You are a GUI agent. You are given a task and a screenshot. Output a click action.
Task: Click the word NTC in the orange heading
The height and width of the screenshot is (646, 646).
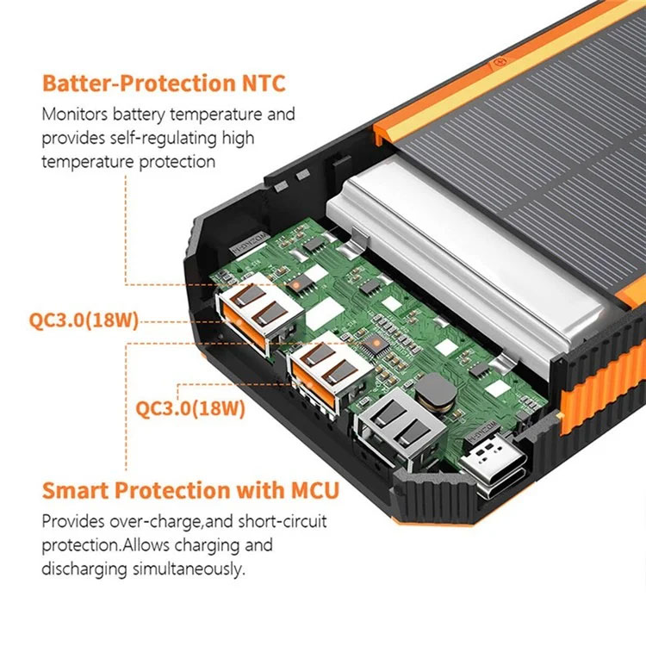click(264, 83)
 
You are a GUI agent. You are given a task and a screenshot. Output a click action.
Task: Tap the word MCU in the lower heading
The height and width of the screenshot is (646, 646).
click(315, 490)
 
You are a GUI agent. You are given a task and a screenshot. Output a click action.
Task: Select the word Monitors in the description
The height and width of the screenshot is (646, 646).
click(75, 114)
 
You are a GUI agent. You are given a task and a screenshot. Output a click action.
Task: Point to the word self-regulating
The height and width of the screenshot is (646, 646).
click(164, 139)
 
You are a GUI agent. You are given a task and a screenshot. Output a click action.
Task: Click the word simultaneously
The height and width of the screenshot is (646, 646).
click(189, 569)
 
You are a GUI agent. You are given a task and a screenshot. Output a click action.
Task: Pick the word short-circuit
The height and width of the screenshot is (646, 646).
click(283, 521)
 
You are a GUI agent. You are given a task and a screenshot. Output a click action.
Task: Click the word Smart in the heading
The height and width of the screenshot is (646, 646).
click(76, 490)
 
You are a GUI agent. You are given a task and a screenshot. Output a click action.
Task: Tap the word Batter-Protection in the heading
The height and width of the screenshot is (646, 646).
click(139, 83)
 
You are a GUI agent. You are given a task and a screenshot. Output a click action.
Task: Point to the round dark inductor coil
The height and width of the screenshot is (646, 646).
click(436, 392)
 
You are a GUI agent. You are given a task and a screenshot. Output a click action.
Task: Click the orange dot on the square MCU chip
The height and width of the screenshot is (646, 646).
click(376, 342)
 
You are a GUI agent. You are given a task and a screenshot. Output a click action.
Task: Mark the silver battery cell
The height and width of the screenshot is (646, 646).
click(462, 264)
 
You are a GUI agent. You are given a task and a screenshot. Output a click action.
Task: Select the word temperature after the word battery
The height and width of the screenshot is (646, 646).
click(217, 115)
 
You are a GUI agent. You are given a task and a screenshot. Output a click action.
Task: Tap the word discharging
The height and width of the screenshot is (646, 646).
click(84, 569)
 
